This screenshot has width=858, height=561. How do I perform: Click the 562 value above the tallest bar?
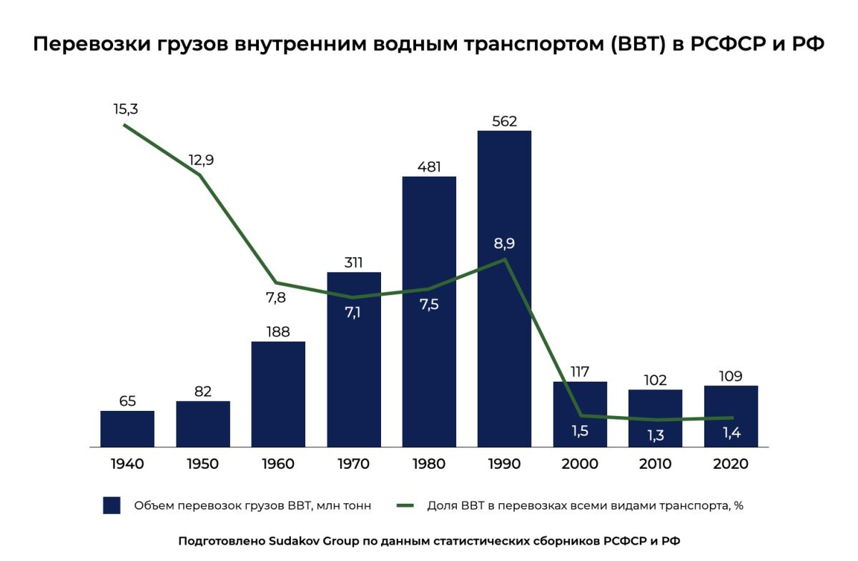(504, 121)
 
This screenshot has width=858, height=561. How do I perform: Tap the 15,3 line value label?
(125, 109)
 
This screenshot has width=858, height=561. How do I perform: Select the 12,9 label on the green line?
(201, 159)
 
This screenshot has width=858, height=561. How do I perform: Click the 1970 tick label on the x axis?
(353, 464)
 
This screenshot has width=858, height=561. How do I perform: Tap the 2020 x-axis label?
(730, 464)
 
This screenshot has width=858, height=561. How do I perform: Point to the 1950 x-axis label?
(202, 464)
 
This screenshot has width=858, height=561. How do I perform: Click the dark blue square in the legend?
(111, 505)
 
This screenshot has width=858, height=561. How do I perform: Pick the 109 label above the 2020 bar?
(730, 376)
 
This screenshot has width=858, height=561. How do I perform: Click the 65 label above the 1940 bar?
(127, 401)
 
